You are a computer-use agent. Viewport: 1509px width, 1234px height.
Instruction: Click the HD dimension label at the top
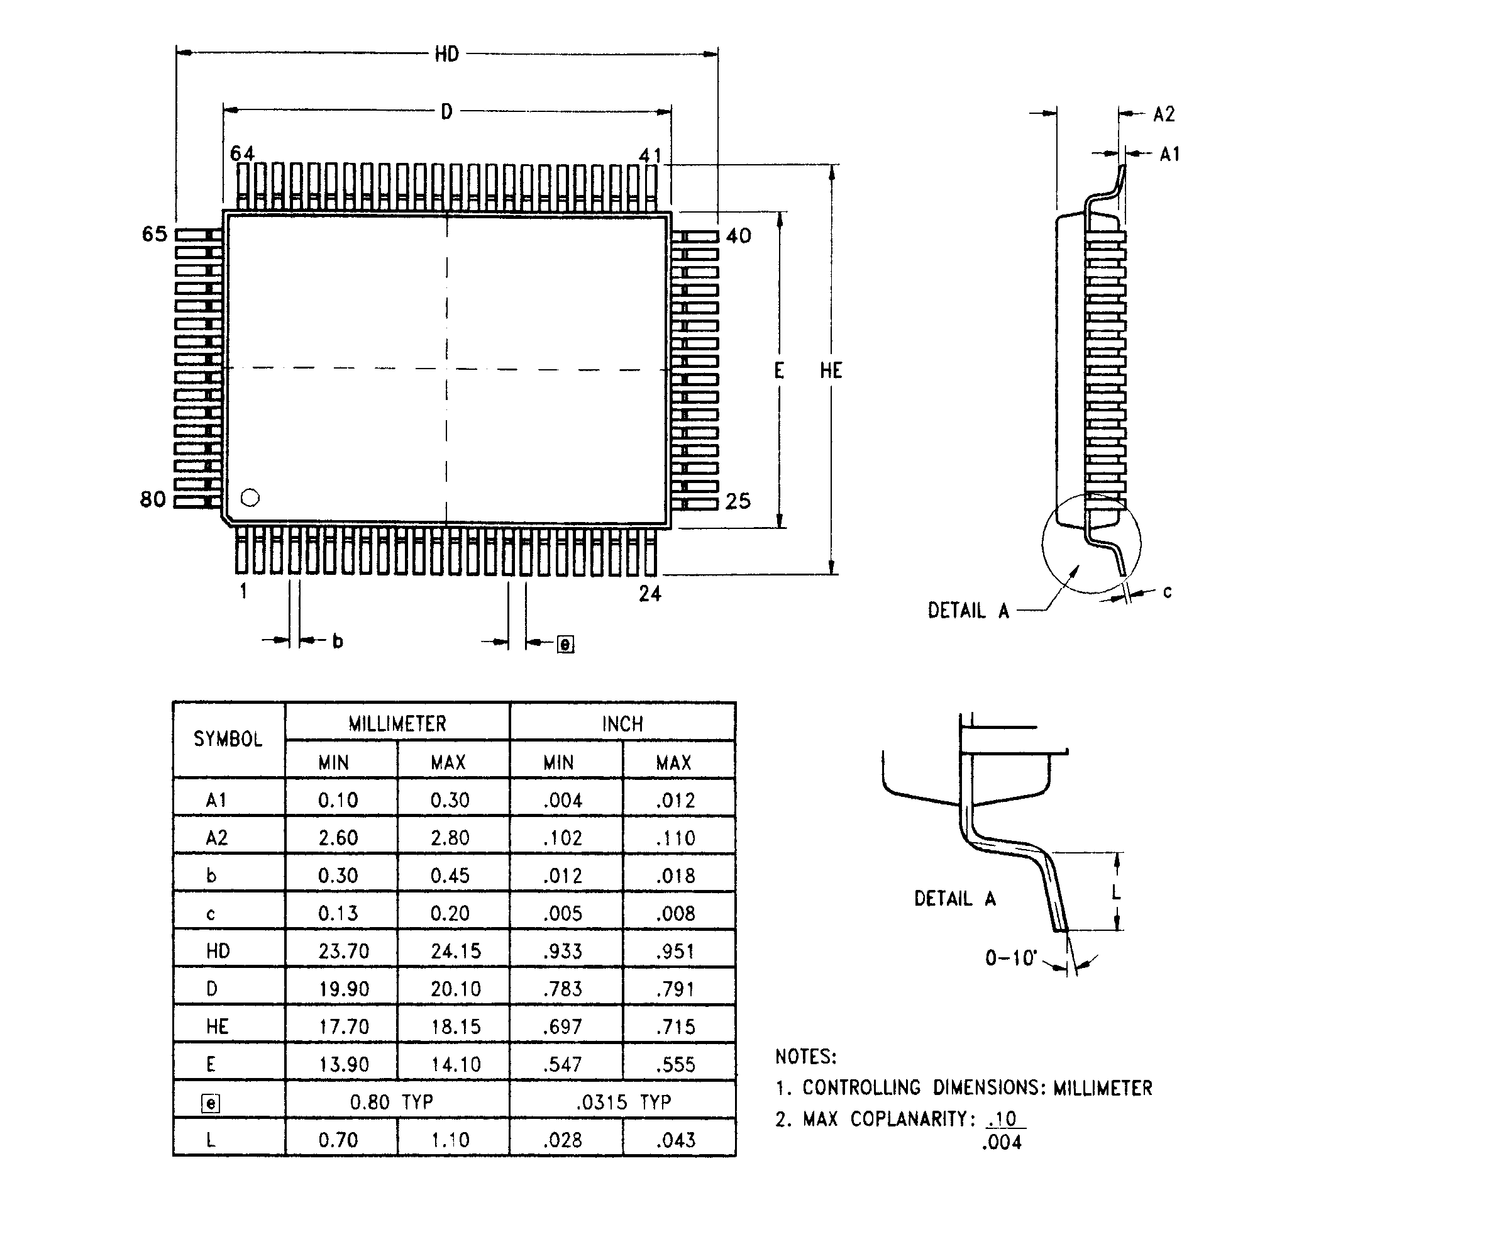pyautogui.click(x=446, y=54)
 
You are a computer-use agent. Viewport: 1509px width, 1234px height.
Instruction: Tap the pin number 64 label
pyautogui.click(x=241, y=153)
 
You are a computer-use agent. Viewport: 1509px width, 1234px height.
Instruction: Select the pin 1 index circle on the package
pyautogui.click(x=250, y=497)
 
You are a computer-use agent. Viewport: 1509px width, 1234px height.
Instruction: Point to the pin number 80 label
pyautogui.click(x=152, y=500)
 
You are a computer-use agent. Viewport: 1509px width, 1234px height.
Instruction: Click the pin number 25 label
pyautogui.click(x=738, y=502)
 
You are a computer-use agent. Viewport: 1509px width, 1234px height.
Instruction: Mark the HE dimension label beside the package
pyautogui.click(x=831, y=370)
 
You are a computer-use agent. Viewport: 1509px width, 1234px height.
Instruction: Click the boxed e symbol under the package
pyautogui.click(x=565, y=644)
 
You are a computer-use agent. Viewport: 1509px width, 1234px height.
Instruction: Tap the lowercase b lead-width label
pyautogui.click(x=338, y=641)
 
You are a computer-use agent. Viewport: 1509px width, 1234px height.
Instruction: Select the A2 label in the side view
pyautogui.click(x=1164, y=114)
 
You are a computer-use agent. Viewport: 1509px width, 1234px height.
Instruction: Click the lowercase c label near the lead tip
pyautogui.click(x=1167, y=591)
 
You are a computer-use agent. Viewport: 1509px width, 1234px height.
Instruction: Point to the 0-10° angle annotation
pyautogui.click(x=1010, y=958)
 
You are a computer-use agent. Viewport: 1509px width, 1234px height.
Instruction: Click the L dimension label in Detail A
pyautogui.click(x=1115, y=892)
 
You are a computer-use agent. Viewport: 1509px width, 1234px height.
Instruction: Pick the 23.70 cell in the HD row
pyautogui.click(x=343, y=951)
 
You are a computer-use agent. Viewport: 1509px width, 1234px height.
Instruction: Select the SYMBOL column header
pyautogui.click(x=228, y=739)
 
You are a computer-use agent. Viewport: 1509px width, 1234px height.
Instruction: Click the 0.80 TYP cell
pyautogui.click(x=390, y=1102)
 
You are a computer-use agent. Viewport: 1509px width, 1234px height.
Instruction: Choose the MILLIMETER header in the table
pyautogui.click(x=397, y=724)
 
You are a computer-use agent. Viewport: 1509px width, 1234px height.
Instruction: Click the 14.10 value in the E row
pyautogui.click(x=455, y=1064)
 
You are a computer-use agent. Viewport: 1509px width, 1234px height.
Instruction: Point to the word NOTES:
pyautogui.click(x=805, y=1056)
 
